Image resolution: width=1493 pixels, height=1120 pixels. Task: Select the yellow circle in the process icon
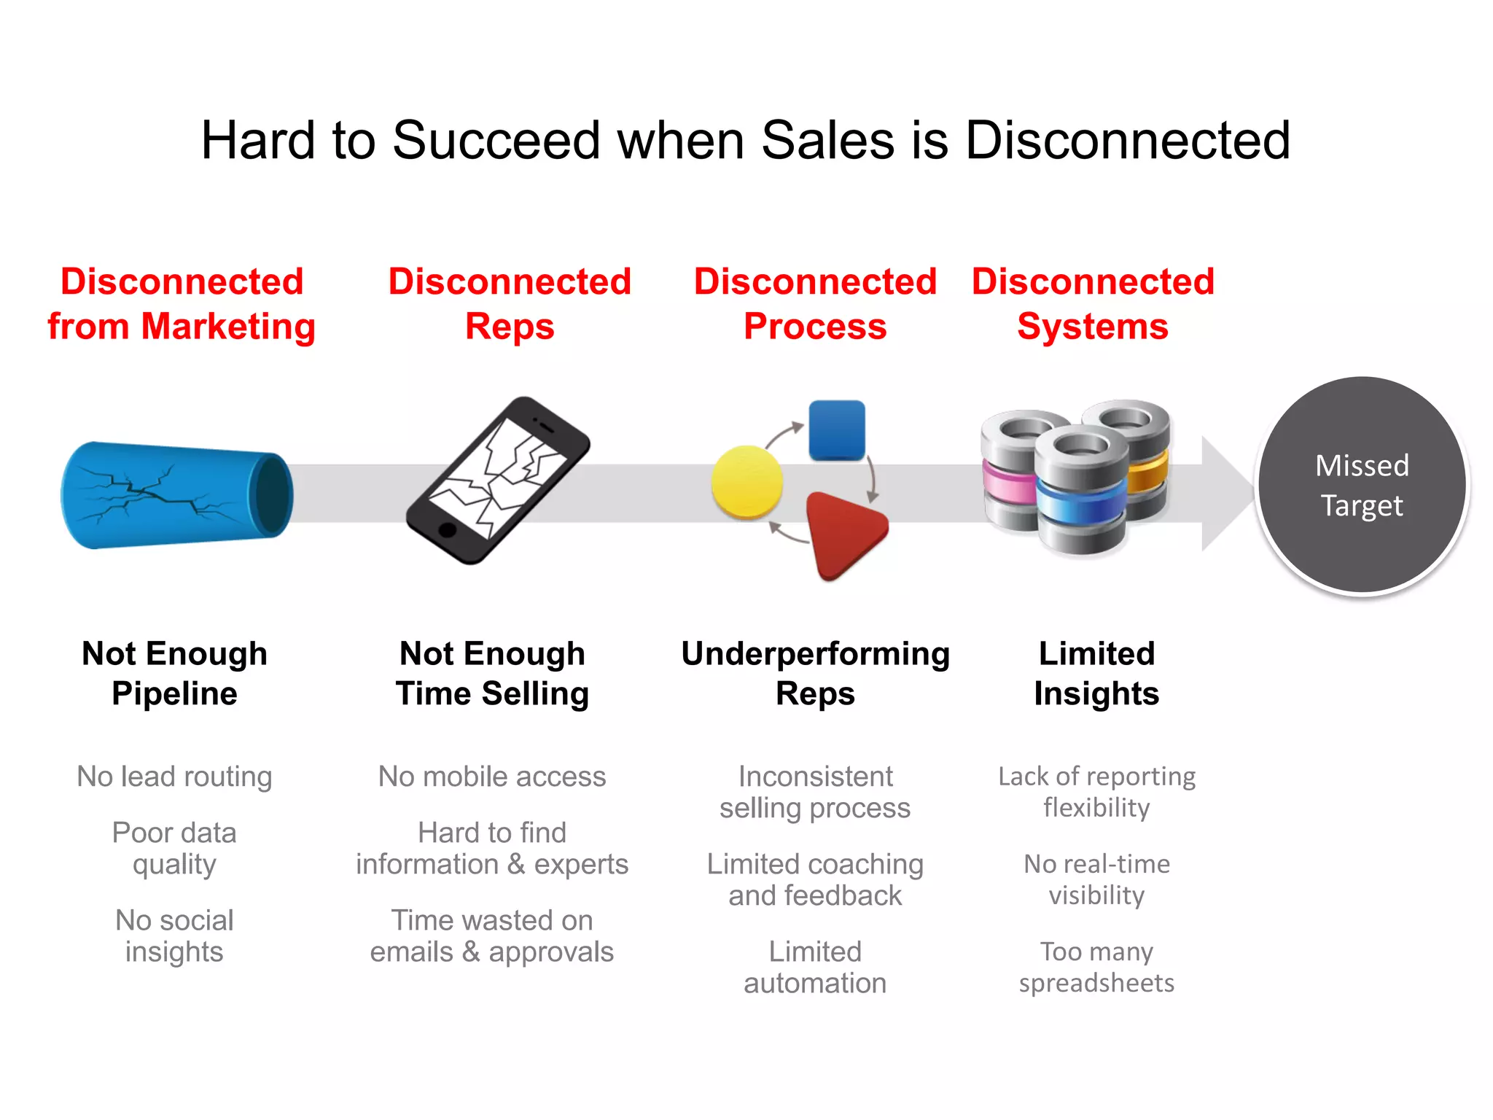pyautogui.click(x=746, y=482)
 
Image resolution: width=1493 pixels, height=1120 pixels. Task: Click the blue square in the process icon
pyautogui.click(x=837, y=430)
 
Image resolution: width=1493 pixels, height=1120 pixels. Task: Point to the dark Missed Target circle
pyautogui.click(x=1362, y=485)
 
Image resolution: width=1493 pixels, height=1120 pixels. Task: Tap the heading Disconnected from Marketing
pyautogui.click(x=182, y=303)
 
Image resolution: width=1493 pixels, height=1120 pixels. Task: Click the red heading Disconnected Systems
pyautogui.click(x=1093, y=303)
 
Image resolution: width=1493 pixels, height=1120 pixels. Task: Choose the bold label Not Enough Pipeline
pyautogui.click(x=175, y=673)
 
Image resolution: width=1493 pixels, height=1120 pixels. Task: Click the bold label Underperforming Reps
pyautogui.click(x=815, y=673)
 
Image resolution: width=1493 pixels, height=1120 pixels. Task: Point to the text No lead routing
pyautogui.click(x=175, y=777)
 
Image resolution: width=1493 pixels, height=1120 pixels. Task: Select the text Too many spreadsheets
pyautogui.click(x=1096, y=967)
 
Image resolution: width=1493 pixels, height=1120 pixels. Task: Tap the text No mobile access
pyautogui.click(x=492, y=777)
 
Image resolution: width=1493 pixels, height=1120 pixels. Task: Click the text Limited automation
pyautogui.click(x=815, y=967)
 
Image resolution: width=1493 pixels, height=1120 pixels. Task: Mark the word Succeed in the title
pyautogui.click(x=496, y=140)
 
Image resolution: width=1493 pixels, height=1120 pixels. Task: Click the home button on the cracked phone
pyautogui.click(x=447, y=530)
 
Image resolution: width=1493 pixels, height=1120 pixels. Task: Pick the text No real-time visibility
pyautogui.click(x=1096, y=879)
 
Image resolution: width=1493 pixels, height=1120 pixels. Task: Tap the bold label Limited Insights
pyautogui.click(x=1096, y=673)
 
